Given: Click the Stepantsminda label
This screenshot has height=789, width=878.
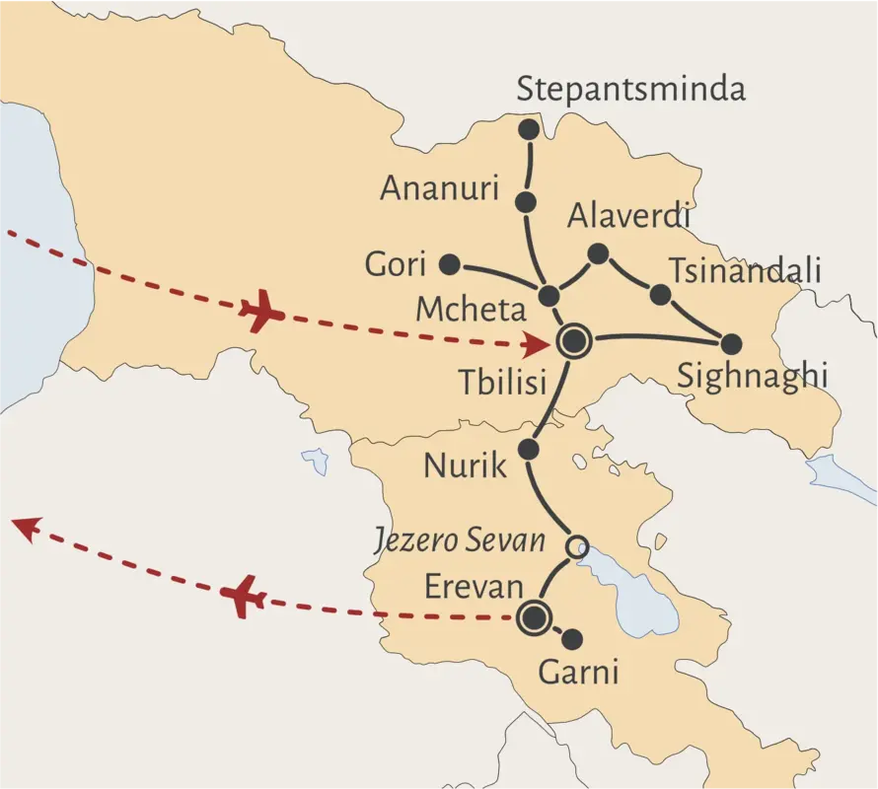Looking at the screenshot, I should pos(631,91).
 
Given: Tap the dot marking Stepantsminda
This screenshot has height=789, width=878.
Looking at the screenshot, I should pos(530,129).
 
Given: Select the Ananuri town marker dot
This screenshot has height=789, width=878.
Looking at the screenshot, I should pos(526,202).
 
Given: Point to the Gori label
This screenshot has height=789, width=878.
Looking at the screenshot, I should pos(395,264).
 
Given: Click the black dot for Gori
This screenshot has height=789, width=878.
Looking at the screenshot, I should pos(449,263).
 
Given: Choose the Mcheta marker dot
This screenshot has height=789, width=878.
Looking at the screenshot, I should pos(549,296).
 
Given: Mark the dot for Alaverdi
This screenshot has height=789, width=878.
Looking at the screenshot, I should pos(598,254).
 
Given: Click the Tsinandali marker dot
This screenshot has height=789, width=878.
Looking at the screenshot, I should pos(660,294).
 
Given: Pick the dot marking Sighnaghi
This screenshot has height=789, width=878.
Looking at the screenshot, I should pos(731,344).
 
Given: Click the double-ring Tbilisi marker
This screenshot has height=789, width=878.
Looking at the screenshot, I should pos(574,342).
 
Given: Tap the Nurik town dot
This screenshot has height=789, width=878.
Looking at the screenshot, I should pos(528,450).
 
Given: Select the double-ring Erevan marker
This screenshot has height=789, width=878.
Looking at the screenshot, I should pos(534,617).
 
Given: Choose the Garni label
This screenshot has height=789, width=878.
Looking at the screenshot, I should pos(578,673).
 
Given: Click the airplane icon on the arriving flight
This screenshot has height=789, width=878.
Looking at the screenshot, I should pos(261,313).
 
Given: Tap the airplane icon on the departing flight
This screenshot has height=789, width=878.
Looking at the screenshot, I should pos(244,597).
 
